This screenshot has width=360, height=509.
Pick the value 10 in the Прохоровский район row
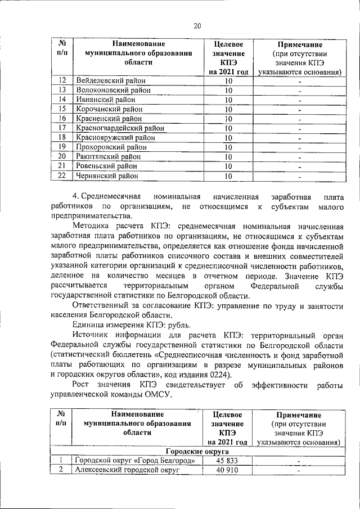228,147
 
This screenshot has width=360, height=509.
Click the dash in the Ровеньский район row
300,166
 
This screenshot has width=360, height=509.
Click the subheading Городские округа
196,451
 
